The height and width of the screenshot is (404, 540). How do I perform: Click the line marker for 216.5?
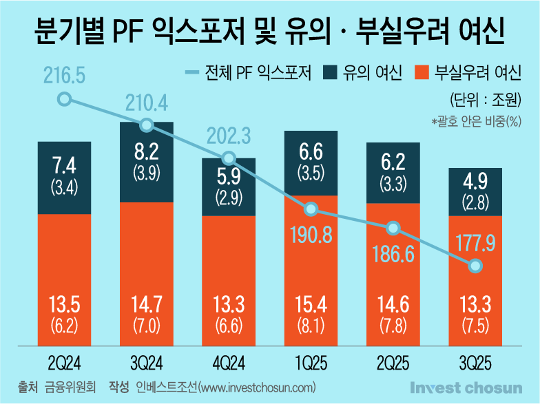[x=64, y=98]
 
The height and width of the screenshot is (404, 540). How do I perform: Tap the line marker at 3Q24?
[x=146, y=125]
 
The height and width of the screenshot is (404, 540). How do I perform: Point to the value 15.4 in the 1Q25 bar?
[x=310, y=304]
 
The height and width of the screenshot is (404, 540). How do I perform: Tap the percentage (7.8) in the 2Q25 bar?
[x=392, y=324]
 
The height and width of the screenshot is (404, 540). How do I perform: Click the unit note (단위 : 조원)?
[x=484, y=98]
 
